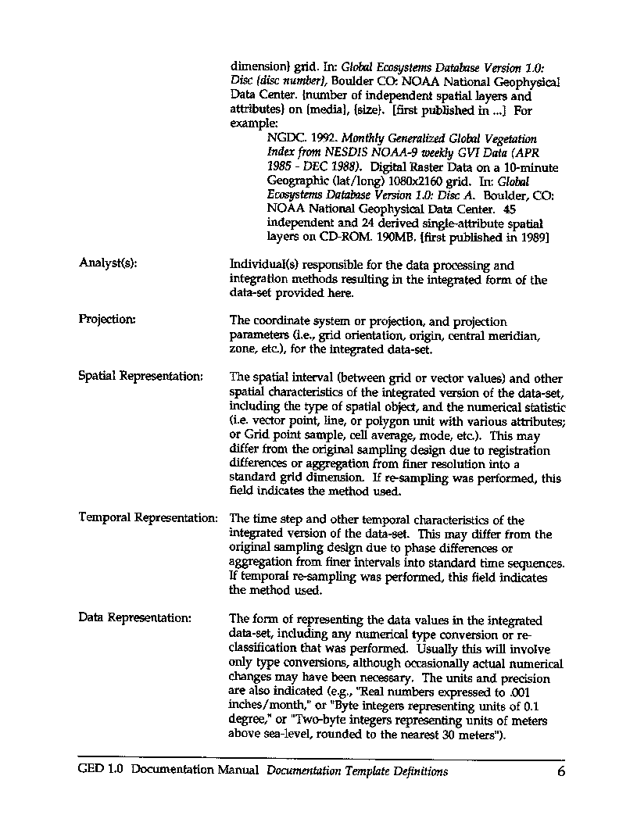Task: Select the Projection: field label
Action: (x=107, y=319)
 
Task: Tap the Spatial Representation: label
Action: (x=141, y=376)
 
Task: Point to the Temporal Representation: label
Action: (x=148, y=518)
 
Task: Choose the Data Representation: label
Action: (x=134, y=618)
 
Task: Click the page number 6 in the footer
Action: (x=560, y=772)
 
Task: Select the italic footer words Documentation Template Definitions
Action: (x=356, y=771)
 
